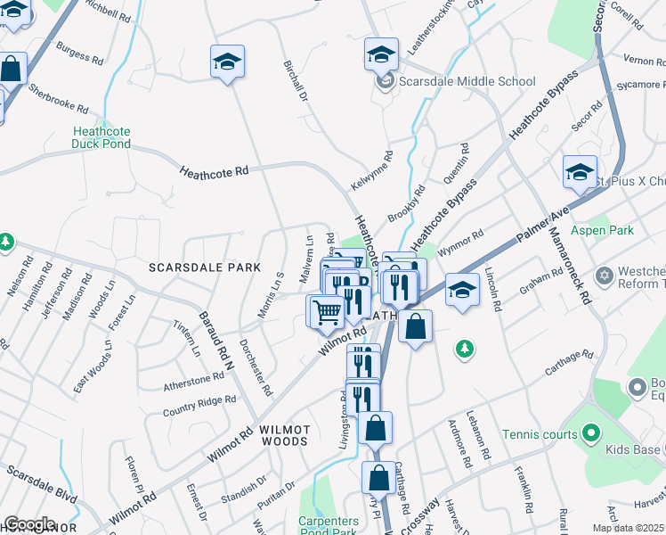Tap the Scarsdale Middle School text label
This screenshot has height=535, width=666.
(467, 82)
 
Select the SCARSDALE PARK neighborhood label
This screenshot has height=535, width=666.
(205, 267)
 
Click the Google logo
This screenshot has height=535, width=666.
(28, 524)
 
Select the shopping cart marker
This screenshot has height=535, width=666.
(327, 311)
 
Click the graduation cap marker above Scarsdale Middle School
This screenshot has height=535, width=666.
(381, 54)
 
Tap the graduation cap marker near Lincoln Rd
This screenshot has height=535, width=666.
(462, 290)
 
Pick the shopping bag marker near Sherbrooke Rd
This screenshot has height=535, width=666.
(11, 68)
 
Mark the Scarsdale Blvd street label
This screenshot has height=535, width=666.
(40, 481)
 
